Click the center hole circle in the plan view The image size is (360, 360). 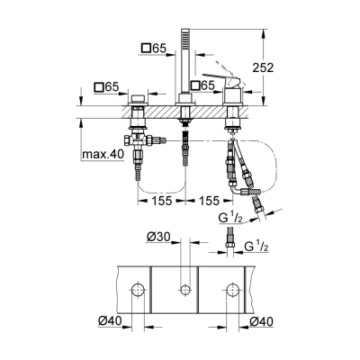[x=185, y=291]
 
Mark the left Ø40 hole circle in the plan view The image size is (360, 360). [x=138, y=291]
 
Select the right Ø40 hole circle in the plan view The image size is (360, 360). [x=232, y=291]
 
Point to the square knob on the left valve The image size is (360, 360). [x=138, y=99]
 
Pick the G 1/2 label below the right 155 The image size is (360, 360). [x=231, y=219]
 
